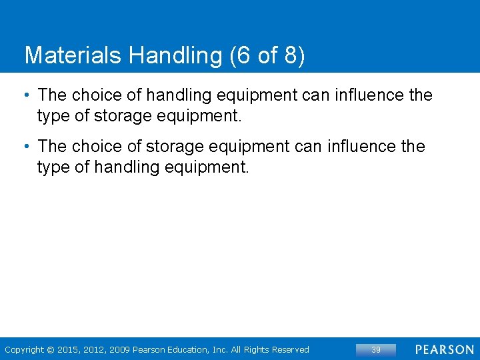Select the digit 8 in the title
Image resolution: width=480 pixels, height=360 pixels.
click(291, 55)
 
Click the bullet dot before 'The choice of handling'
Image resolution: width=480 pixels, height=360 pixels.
click(27, 95)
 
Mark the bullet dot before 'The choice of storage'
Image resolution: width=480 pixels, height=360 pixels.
click(27, 146)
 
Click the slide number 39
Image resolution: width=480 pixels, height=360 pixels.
click(375, 349)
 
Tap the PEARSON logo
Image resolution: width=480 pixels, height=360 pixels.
click(444, 349)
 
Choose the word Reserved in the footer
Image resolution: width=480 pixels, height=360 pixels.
click(289, 349)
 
